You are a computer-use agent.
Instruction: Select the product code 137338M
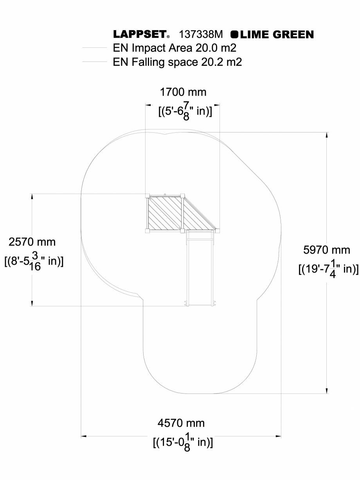click(201, 35)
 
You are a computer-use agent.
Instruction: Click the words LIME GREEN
click(277, 35)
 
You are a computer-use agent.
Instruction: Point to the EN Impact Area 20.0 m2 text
click(175, 48)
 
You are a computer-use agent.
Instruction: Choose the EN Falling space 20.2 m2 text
click(177, 61)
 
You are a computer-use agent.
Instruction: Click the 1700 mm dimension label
click(183, 92)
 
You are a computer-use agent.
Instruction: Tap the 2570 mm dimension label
click(32, 242)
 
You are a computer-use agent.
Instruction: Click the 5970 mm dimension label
click(327, 250)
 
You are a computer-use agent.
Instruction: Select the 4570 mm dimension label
click(181, 423)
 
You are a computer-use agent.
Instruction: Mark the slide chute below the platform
click(200, 270)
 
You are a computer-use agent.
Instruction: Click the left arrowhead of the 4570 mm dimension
click(83, 435)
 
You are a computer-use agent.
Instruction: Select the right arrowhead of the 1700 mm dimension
click(216, 105)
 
